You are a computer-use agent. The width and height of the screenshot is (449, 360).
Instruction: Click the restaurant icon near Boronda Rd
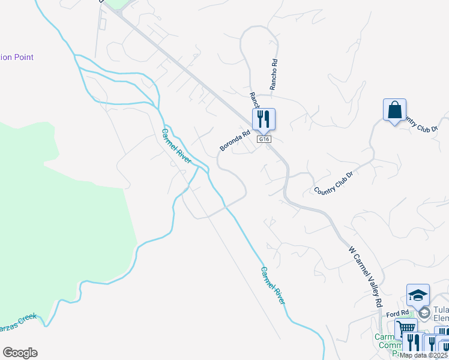(x=264, y=119)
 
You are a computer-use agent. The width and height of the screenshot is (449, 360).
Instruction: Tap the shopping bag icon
(x=394, y=110)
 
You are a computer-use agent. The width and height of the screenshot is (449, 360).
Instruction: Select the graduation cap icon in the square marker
(x=418, y=295)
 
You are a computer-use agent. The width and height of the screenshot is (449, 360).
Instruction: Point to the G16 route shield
(x=264, y=139)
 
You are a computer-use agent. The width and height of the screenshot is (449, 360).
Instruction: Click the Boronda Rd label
(x=234, y=142)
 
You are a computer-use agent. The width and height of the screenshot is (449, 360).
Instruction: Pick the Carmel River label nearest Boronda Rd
(x=176, y=146)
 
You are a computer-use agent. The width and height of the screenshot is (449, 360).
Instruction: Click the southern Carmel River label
(x=272, y=285)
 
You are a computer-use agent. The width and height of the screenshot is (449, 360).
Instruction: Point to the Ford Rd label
(x=397, y=313)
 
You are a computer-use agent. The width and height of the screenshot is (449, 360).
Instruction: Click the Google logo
(x=20, y=353)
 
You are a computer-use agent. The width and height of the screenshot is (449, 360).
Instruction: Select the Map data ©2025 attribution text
(x=424, y=355)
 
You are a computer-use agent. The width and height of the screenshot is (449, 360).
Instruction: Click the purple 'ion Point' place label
(x=17, y=58)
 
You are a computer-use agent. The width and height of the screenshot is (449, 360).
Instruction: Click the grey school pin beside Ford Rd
(x=424, y=313)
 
